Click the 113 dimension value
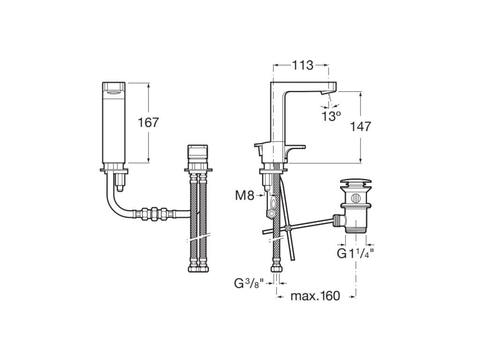pyautogui.click(x=302, y=65)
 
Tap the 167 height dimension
pyautogui.click(x=148, y=122)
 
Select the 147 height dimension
pyautogui.click(x=360, y=126)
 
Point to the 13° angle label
pyautogui.click(x=331, y=116)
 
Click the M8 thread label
pyautogui.click(x=244, y=195)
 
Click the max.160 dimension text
pyautogui.click(x=315, y=296)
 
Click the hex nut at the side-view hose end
pyautogui.click(x=276, y=269)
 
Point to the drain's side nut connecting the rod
pyautogui.click(x=337, y=219)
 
